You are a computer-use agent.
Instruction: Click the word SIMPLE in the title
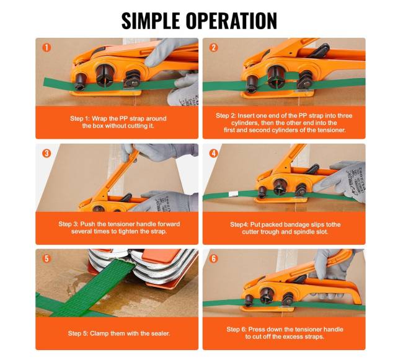pos(151,20)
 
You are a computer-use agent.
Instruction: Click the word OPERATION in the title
pos(231,20)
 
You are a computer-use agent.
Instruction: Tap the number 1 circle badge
pos(46,48)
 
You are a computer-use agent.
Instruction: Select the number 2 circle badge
pos(213,48)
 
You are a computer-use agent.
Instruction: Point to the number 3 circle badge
pos(46,153)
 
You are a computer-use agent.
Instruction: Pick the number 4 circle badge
pos(213,153)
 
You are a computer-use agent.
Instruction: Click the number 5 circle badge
pos(46,258)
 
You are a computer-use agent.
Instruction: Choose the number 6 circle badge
pos(213,258)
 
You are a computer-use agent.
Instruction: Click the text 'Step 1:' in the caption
pos(80,118)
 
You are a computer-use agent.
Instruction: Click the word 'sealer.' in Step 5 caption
pos(161,333)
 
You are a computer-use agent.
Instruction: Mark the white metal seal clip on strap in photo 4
pos(234,195)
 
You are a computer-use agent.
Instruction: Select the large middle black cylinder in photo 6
pos(267,296)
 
